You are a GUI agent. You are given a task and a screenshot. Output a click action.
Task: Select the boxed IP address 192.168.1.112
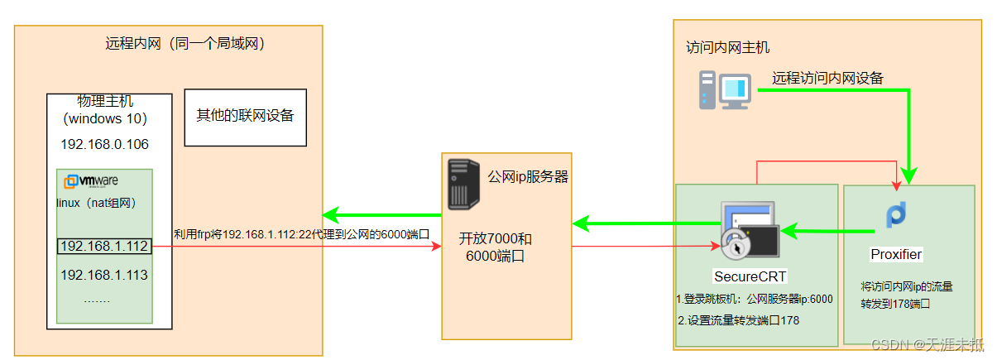point(103,246)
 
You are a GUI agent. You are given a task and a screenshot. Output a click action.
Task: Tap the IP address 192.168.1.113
point(103,274)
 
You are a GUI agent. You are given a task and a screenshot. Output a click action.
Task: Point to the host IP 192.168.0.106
point(104,144)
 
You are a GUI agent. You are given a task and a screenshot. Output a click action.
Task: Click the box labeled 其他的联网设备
point(245,116)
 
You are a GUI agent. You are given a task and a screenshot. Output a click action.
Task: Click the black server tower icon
point(463,184)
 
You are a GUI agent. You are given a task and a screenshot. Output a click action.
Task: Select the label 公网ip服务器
point(527,176)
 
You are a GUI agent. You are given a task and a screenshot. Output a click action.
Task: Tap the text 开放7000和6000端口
point(496,247)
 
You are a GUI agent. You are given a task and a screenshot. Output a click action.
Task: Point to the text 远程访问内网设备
point(827,79)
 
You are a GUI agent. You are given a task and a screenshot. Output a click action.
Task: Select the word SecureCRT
point(750,276)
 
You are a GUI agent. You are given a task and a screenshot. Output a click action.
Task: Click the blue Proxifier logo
point(896,214)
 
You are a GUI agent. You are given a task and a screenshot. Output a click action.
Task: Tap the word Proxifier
point(896,253)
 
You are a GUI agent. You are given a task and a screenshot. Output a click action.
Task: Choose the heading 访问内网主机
point(728,48)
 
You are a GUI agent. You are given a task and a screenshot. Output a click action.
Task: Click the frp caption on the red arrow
point(301,234)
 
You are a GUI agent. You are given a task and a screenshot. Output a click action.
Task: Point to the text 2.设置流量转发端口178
point(738,320)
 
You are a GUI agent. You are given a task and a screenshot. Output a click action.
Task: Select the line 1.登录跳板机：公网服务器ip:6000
point(754,300)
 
